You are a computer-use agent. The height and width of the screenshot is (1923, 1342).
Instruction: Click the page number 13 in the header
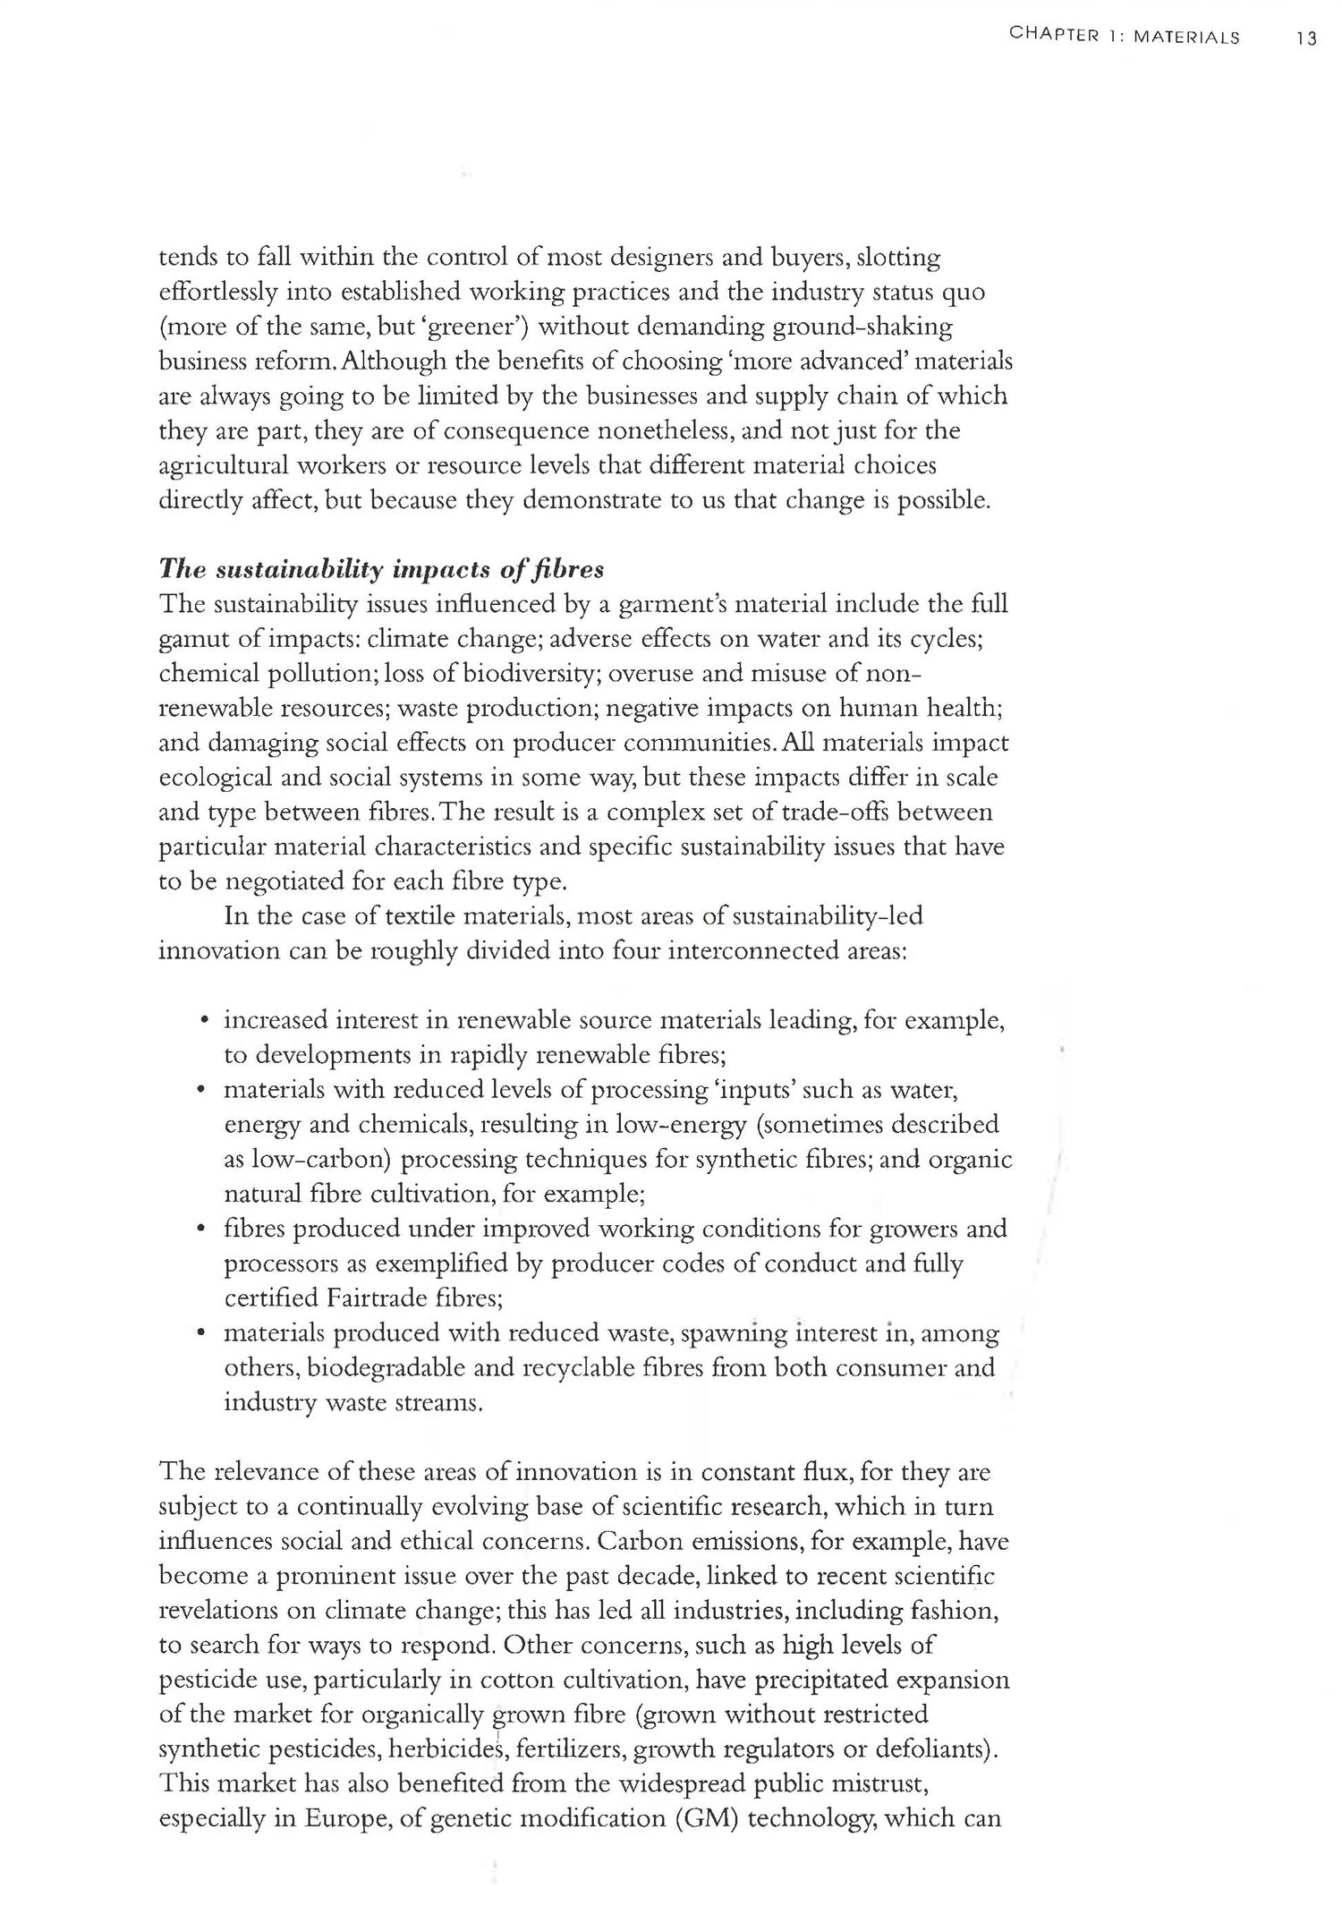1307,38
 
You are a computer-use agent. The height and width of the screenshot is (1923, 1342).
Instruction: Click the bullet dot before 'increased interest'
205,1021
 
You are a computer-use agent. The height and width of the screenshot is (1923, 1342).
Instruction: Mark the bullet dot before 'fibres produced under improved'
205,1230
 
